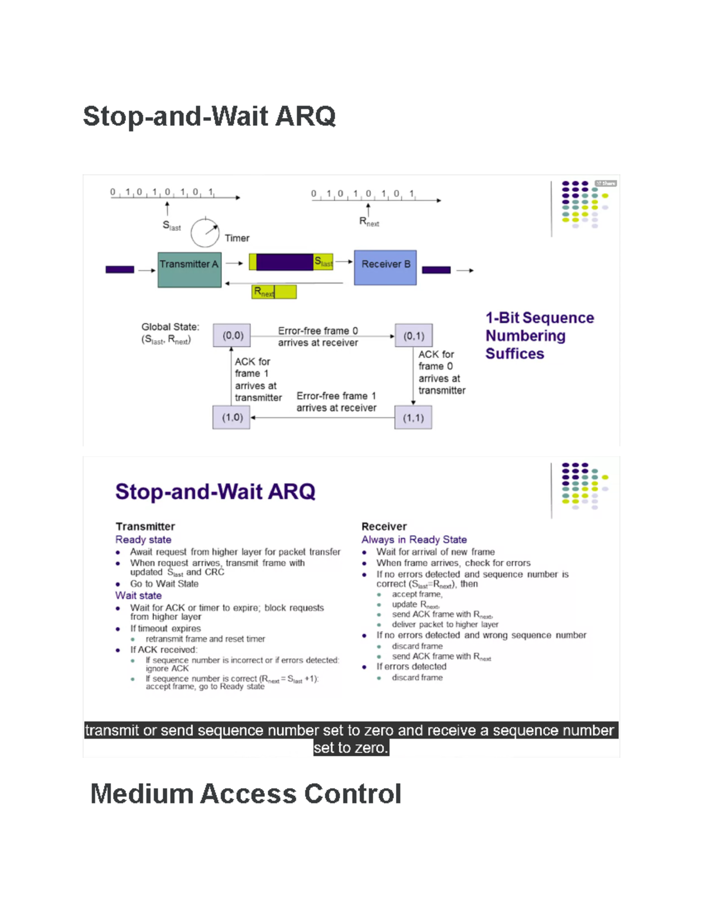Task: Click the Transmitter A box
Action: pyautogui.click(x=189, y=269)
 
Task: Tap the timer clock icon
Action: pyautogui.click(x=204, y=232)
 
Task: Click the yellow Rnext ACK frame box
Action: pyautogui.click(x=274, y=291)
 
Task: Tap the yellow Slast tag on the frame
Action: pyautogui.click(x=323, y=262)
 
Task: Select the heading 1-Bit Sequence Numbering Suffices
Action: pyautogui.click(x=539, y=335)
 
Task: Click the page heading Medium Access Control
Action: pyautogui.click(x=245, y=794)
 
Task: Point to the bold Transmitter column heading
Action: pyautogui.click(x=145, y=526)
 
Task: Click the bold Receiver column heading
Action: pyautogui.click(x=384, y=526)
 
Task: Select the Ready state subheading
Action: pyautogui.click(x=144, y=540)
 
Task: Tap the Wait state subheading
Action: pyautogui.click(x=138, y=595)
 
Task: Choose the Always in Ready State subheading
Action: pyautogui.click(x=414, y=540)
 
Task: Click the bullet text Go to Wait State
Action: pyautogui.click(x=164, y=584)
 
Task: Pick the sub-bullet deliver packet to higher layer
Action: pyautogui.click(x=445, y=625)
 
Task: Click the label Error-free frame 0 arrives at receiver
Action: pyautogui.click(x=318, y=337)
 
